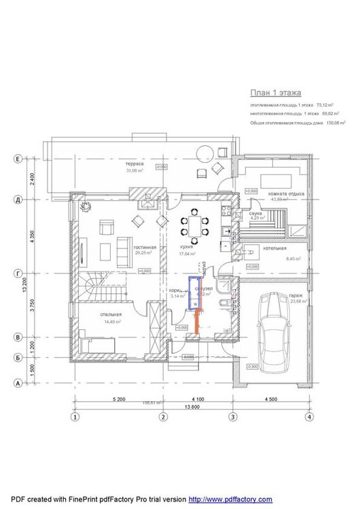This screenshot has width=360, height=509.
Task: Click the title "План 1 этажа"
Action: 276,92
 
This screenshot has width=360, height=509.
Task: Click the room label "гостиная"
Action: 145,248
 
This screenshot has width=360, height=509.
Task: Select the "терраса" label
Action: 133,164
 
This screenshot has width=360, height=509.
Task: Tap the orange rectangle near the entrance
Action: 197,322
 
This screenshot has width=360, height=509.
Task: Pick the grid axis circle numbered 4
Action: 308,417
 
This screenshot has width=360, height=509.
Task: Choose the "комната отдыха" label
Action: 286,193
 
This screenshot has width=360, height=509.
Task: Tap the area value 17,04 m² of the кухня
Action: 187,254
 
